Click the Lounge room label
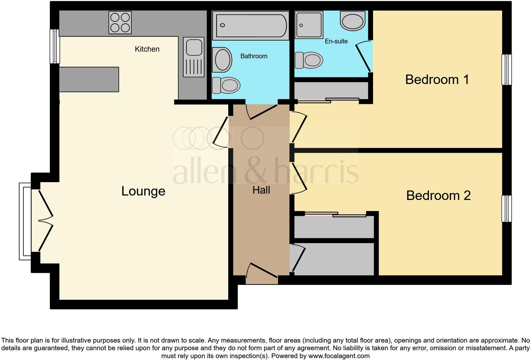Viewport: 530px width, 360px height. [143, 191]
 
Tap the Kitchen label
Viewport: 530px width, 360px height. [147, 49]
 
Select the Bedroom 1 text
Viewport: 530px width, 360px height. [437, 79]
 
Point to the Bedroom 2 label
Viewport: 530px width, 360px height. [438, 196]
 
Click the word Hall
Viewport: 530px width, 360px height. [261, 190]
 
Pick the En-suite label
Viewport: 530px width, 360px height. [336, 41]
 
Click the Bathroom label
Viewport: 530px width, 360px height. [254, 56]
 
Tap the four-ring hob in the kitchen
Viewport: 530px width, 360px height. [120, 22]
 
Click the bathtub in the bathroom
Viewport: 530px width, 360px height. [250, 25]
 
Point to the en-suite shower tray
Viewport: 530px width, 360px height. [309, 25]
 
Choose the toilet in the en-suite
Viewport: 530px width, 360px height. [309, 60]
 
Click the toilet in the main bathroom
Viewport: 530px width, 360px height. [226, 85]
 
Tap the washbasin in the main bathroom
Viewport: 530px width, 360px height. [222, 59]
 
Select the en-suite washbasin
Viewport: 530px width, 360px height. [352, 21]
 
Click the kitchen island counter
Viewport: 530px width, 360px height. [89, 79]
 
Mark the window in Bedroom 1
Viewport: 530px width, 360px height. [506, 70]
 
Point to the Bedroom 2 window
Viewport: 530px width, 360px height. [506, 209]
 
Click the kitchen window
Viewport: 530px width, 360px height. [55, 46]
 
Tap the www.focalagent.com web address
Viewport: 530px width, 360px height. [339, 356]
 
